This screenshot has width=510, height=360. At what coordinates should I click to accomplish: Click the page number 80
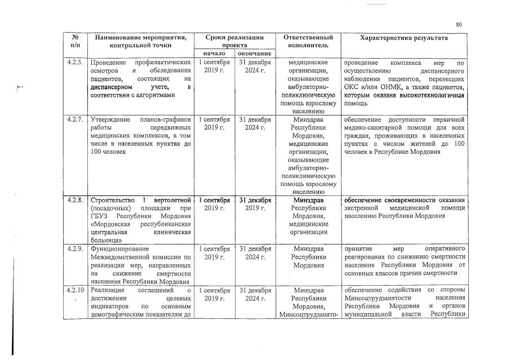tap(459, 24)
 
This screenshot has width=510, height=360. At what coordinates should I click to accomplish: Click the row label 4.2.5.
tap(75, 63)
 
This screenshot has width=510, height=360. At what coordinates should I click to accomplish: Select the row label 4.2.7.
tap(75, 119)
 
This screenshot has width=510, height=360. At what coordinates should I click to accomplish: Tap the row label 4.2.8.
tap(75, 200)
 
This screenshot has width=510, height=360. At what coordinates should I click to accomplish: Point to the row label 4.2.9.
tap(75, 248)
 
